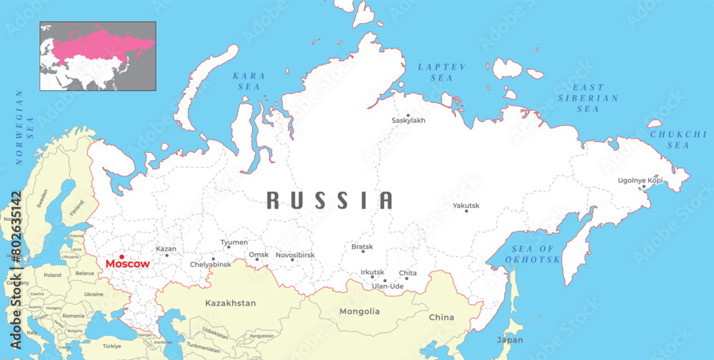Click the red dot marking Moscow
[x=122, y=256]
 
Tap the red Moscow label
[x=128, y=264]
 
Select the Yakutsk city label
[x=466, y=206]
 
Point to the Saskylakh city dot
[x=408, y=115]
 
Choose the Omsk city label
[x=258, y=254]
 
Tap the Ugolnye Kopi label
[x=640, y=180]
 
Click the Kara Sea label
[x=249, y=81]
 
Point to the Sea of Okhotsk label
[x=533, y=254]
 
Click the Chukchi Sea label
[x=669, y=139]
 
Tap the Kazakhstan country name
[x=231, y=304]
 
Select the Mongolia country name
[x=359, y=311]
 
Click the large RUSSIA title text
[x=330, y=201]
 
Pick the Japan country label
[x=510, y=340]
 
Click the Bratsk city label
[x=362, y=247]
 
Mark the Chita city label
[x=408, y=273]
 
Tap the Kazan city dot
[x=167, y=255]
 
